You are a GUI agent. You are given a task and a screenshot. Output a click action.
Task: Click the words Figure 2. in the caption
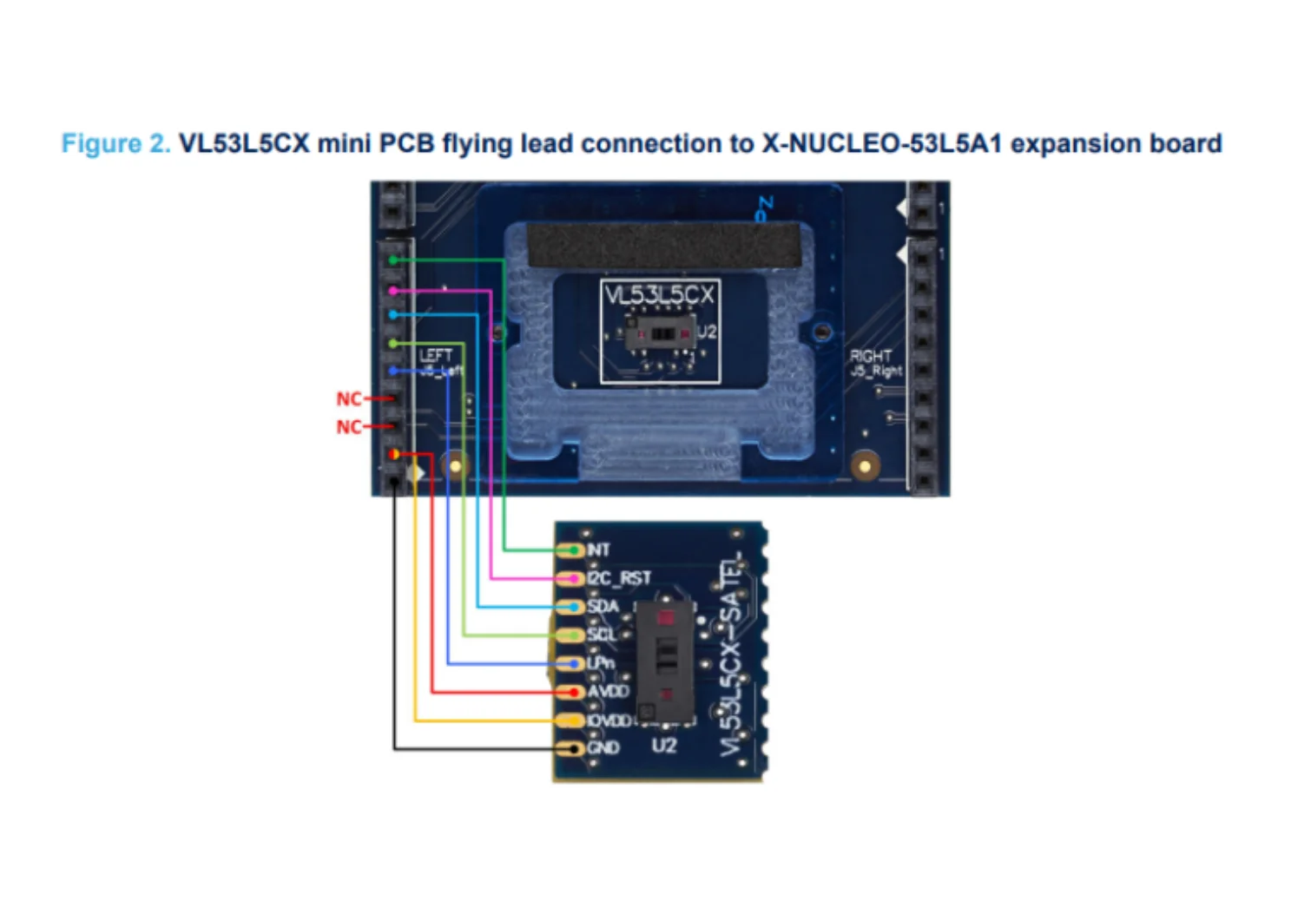(115, 143)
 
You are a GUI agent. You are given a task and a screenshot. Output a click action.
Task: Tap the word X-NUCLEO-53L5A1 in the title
(881, 143)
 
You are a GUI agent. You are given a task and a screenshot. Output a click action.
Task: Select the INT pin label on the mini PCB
(599, 549)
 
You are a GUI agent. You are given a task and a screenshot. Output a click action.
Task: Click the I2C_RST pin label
(619, 578)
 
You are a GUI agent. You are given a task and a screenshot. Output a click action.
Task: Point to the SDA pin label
(603, 606)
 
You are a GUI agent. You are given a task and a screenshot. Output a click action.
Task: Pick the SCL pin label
(602, 635)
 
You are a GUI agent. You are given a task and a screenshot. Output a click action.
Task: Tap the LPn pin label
(601, 663)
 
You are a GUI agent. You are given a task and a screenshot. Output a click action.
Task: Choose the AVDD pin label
(608, 692)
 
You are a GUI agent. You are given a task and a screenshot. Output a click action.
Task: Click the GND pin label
(603, 747)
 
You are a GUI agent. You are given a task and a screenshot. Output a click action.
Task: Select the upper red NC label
(348, 398)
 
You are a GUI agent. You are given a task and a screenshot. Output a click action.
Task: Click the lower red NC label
(348, 427)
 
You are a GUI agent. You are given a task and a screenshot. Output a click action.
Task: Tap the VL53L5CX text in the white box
(660, 295)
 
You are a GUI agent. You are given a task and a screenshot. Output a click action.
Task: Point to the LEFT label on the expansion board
(436, 355)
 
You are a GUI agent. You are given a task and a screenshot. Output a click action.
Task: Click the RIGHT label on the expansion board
(870, 356)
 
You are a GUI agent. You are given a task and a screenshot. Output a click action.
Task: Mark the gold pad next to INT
(571, 550)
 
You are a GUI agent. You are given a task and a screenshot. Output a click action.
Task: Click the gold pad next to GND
(571, 748)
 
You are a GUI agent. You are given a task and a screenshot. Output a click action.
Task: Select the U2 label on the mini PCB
(664, 746)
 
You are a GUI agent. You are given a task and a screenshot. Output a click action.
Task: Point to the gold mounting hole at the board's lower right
(864, 466)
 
